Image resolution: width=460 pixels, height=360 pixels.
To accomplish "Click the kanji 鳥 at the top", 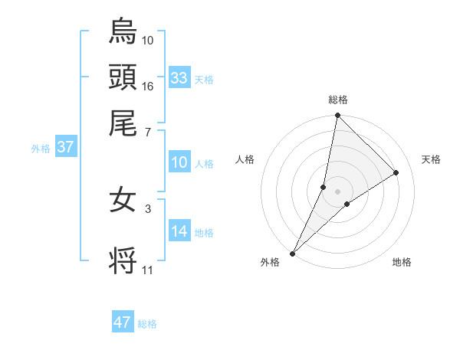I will tap(123, 31).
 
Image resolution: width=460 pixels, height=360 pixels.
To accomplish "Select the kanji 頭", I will tap(123, 77).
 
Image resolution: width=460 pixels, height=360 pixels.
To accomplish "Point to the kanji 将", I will tap(123, 259).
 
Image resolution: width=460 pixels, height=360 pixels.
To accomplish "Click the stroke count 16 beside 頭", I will tap(148, 86).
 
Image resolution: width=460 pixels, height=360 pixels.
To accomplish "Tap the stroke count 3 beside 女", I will tap(148, 207).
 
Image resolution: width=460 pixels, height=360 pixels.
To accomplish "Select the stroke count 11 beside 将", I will tap(148, 270).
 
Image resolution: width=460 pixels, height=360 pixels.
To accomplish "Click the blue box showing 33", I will tap(179, 78).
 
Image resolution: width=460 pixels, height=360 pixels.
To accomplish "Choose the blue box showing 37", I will tap(65, 147).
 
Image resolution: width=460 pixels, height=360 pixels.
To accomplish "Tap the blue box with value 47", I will tap(123, 322).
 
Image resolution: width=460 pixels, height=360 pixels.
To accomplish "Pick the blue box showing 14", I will tap(179, 231).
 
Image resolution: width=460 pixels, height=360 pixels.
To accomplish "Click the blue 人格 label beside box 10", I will tap(204, 163).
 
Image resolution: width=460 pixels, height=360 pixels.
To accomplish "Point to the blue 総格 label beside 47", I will tap(147, 324).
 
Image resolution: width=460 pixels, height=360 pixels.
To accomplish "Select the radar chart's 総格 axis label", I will tap(338, 100).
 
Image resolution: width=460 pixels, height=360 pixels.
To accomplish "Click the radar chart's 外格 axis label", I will tap(270, 262).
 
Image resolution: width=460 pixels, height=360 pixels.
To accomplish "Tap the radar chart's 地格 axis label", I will tap(402, 262).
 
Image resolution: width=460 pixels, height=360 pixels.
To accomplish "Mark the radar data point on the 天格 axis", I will tap(396, 172).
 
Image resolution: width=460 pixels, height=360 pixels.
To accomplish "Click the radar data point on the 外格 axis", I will tap(293, 253).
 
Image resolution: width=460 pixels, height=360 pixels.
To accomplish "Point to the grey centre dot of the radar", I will tap(338, 191).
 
